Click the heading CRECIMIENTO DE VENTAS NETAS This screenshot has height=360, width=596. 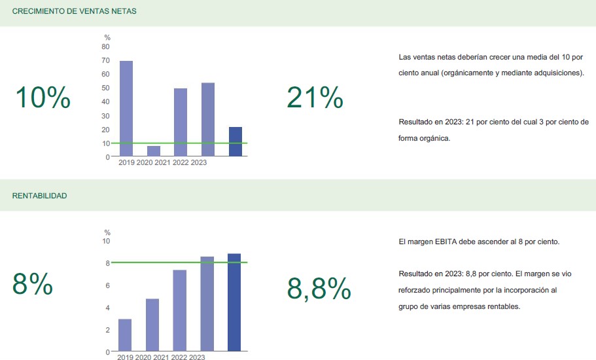(x=74, y=12)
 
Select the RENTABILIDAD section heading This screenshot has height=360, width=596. (x=39, y=196)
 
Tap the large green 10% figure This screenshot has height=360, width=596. (x=43, y=98)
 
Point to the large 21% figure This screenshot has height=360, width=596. (x=315, y=98)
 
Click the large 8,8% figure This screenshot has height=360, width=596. (x=319, y=288)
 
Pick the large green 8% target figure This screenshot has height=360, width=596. (x=33, y=284)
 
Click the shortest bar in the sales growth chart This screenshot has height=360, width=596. (x=153, y=151)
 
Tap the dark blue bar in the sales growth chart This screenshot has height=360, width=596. (x=235, y=141)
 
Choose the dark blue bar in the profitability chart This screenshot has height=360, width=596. (x=234, y=302)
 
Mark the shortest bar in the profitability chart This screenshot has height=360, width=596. (x=125, y=335)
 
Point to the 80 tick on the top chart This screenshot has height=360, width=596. (x=106, y=47)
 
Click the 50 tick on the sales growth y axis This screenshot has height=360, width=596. (x=106, y=88)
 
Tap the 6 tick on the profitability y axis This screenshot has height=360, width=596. (x=107, y=285)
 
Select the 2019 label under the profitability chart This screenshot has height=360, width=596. (x=126, y=357)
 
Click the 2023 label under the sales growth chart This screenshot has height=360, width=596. (x=199, y=162)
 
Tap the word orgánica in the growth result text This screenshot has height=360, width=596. (x=436, y=139)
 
